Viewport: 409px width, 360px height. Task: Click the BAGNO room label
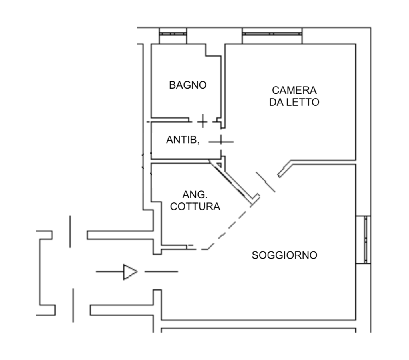[188, 85]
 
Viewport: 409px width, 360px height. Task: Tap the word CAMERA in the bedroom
[294, 90]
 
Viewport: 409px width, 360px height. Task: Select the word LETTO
[303, 102]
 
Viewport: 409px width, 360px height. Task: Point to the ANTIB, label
[183, 140]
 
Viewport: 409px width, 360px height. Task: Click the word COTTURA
[195, 206]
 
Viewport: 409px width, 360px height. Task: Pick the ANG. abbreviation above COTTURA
[195, 194]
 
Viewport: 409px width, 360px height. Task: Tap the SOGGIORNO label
[284, 255]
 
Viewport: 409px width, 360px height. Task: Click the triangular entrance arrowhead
[130, 272]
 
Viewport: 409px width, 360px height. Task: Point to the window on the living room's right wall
[366, 239]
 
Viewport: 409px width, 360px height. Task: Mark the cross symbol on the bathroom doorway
[203, 121]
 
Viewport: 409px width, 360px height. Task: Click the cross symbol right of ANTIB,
[221, 142]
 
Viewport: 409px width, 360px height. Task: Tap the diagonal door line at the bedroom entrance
[266, 182]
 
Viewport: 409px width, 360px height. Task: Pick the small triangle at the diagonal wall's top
[220, 165]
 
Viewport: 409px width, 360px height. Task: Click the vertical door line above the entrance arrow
[70, 231]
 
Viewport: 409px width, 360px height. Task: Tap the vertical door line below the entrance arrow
[73, 305]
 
